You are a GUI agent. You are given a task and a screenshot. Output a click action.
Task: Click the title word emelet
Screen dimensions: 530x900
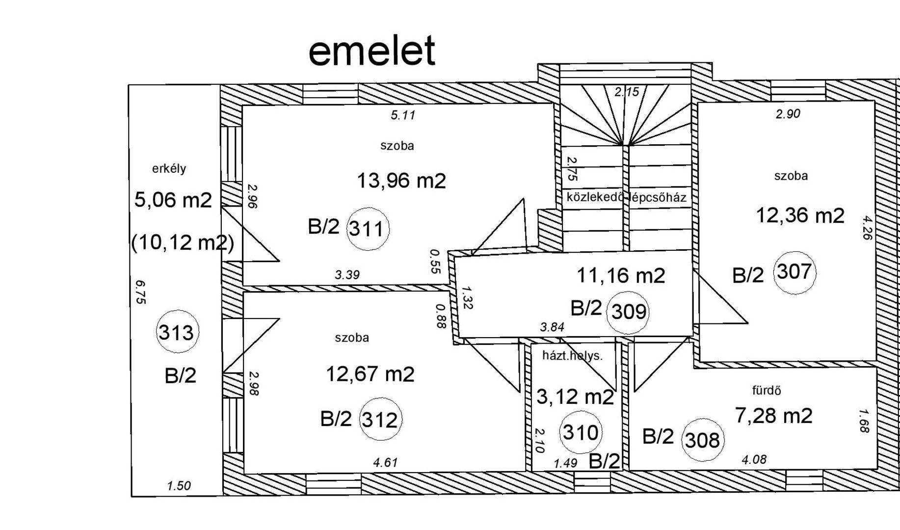(371, 51)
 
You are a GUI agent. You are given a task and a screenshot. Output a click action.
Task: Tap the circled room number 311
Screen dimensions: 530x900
(368, 229)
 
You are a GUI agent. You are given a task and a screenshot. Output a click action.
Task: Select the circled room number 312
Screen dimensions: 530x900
(380, 420)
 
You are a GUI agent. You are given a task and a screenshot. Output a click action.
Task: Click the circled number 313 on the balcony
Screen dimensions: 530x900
(177, 332)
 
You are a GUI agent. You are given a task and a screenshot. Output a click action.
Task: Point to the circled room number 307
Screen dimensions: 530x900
(794, 272)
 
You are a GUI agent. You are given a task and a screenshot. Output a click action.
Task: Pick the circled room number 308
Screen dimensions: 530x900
(703, 440)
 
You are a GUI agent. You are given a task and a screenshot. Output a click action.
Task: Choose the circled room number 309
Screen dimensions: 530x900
(628, 312)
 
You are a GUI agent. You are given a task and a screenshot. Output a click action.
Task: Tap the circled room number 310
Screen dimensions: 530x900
(581, 432)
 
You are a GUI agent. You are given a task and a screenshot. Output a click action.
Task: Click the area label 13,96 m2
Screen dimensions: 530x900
(401, 181)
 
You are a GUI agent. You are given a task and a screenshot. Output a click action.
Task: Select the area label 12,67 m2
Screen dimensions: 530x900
(370, 374)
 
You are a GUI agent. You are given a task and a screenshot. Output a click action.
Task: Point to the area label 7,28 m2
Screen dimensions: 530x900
(773, 416)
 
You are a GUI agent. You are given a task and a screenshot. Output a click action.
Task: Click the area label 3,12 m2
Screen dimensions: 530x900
(575, 397)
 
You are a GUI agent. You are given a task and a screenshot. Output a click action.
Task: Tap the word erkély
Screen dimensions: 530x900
(169, 169)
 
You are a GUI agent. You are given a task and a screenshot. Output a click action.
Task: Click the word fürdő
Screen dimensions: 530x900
(767, 391)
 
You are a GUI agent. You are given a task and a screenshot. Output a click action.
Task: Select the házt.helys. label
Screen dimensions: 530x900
(572, 355)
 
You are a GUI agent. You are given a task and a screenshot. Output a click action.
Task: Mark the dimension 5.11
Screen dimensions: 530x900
(403, 115)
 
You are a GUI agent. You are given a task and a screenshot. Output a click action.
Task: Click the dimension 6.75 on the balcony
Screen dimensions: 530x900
(140, 292)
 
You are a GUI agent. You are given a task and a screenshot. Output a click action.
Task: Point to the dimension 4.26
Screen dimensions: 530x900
(867, 228)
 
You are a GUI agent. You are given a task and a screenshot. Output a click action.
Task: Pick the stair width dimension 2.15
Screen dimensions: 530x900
(627, 92)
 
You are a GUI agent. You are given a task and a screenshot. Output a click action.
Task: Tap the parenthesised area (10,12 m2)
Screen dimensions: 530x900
(183, 242)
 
